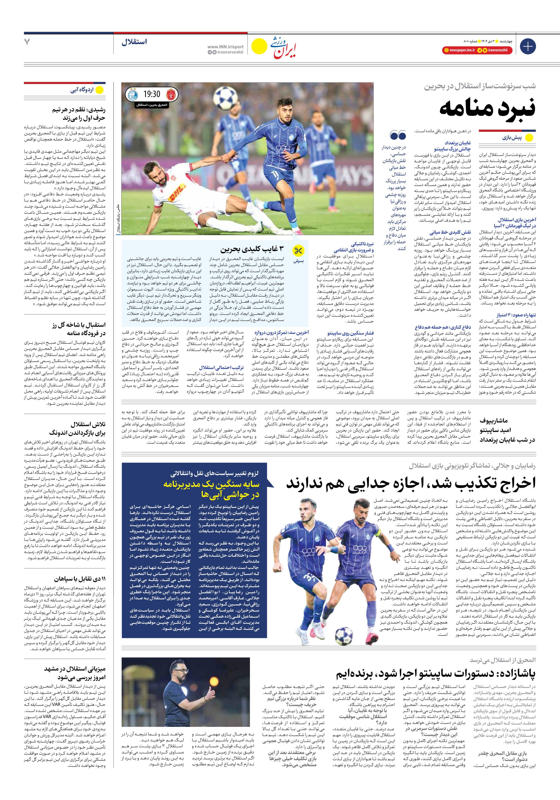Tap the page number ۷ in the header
click(27, 42)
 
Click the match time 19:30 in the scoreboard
click(152, 94)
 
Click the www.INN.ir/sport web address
click(225, 47)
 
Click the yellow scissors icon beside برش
click(298, 250)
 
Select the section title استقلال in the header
click(134, 42)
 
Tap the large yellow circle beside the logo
click(259, 46)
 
